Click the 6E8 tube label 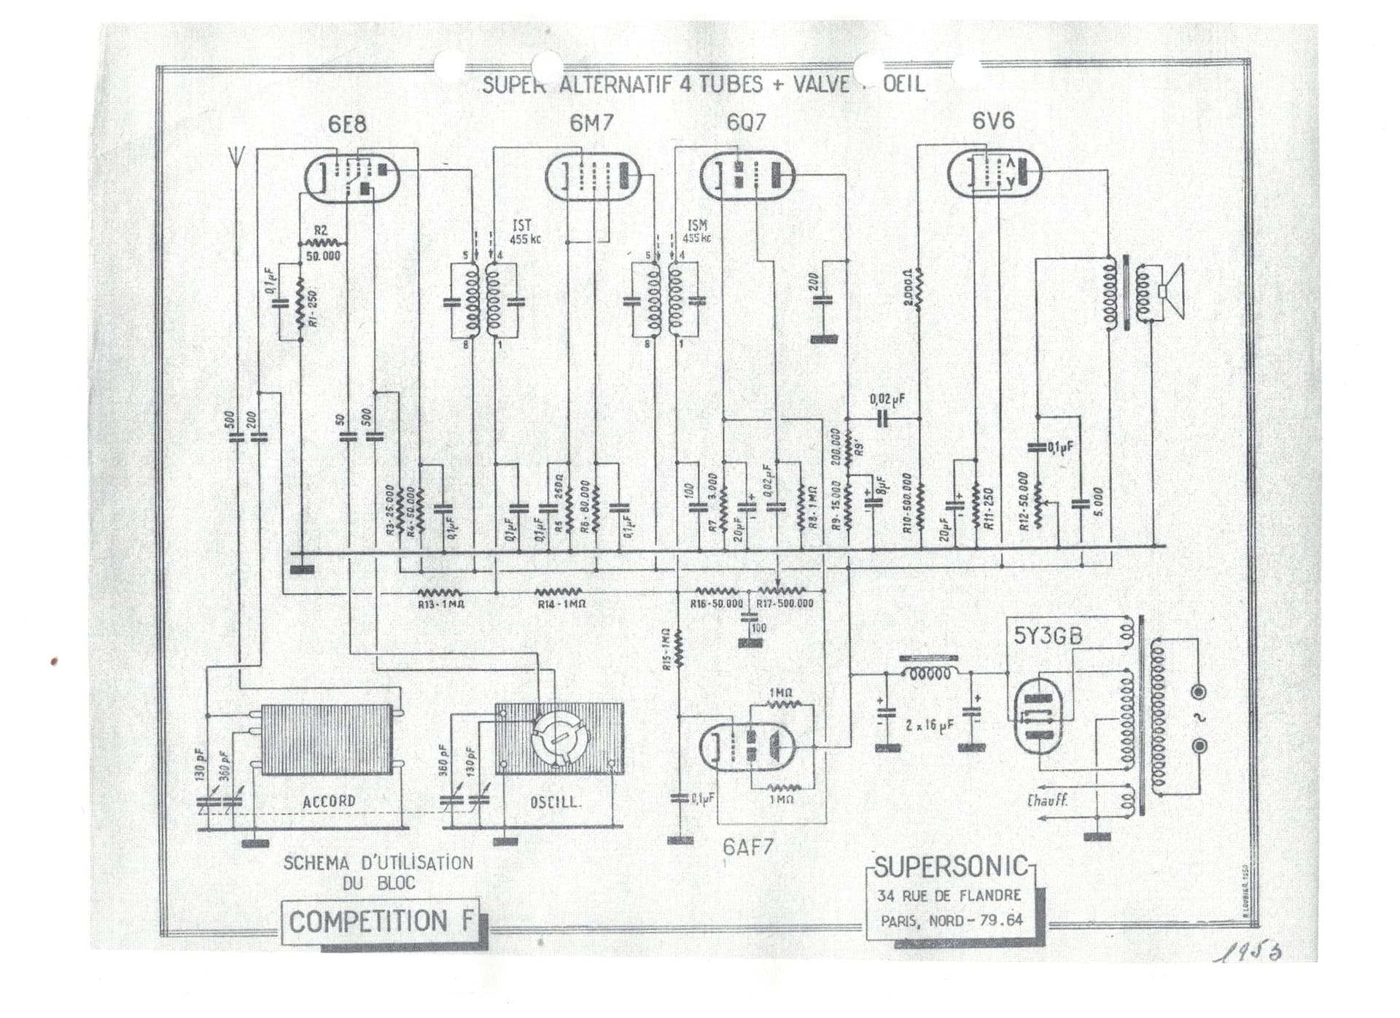(x=347, y=125)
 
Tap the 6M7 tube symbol (x=593, y=176)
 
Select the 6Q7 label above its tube (x=746, y=123)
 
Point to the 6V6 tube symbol (x=994, y=174)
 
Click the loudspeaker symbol (x=1169, y=292)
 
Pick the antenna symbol (x=236, y=158)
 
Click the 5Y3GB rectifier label (x=1048, y=637)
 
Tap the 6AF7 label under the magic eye (x=747, y=847)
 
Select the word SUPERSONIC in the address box (x=951, y=868)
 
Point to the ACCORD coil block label (x=329, y=801)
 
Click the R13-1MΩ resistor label (x=440, y=605)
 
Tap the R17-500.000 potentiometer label (x=785, y=604)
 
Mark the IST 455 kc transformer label (x=524, y=232)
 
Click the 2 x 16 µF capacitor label (x=929, y=726)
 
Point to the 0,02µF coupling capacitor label (x=887, y=400)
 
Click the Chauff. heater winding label (x=1047, y=801)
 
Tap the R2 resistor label (x=320, y=230)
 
